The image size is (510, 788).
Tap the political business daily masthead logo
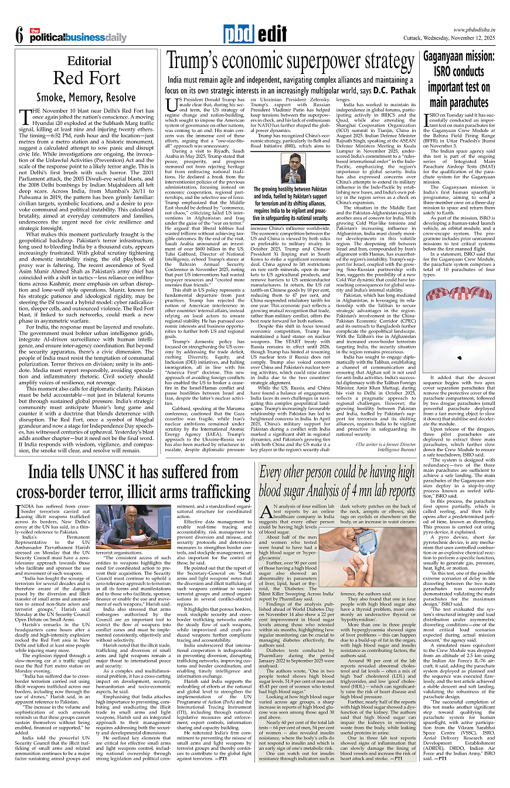79,36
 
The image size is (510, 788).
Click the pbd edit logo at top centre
254,35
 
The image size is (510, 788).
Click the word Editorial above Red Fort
89,61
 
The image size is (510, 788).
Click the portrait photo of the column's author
293,168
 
